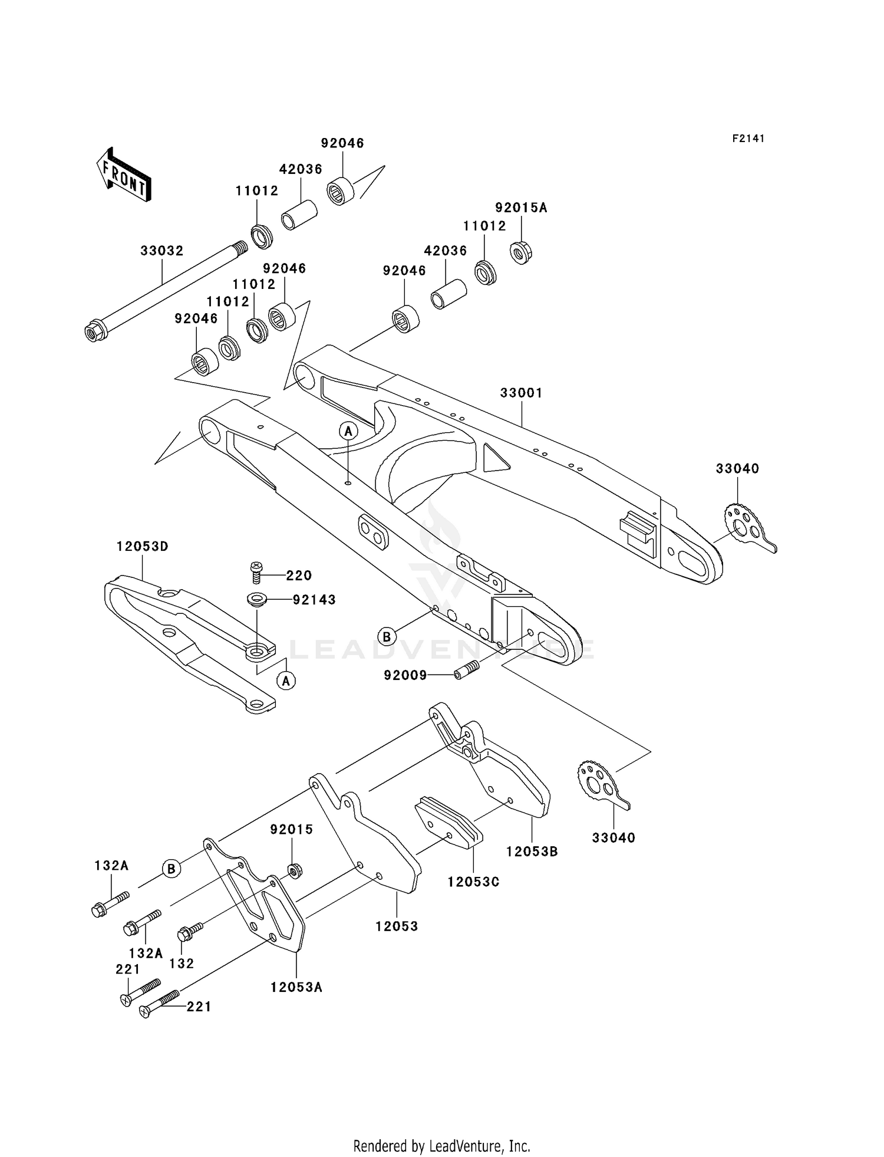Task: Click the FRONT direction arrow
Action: [x=124, y=176]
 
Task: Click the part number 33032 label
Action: [x=162, y=251]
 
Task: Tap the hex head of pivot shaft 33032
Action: [x=94, y=332]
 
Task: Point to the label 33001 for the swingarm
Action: [x=521, y=393]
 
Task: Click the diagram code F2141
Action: [x=748, y=139]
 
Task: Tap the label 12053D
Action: [x=143, y=547]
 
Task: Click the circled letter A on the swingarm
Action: [x=348, y=431]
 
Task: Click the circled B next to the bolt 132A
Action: [x=171, y=869]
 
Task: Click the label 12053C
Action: [x=473, y=882]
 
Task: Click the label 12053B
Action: [x=532, y=852]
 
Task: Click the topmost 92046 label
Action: [x=342, y=143]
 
